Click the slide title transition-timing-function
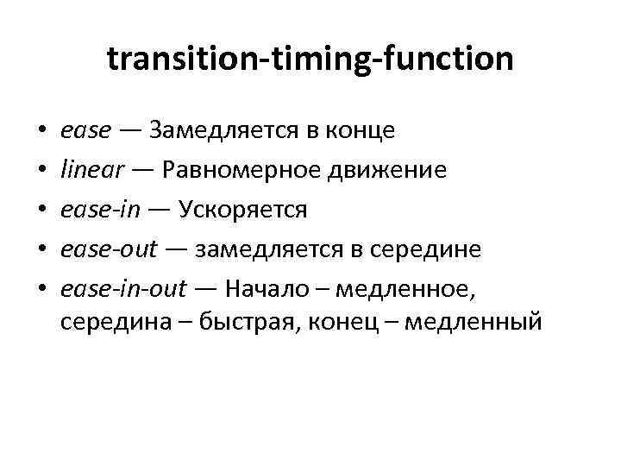(310, 60)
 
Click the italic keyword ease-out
(109, 249)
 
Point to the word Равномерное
(251, 170)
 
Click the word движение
(396, 170)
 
